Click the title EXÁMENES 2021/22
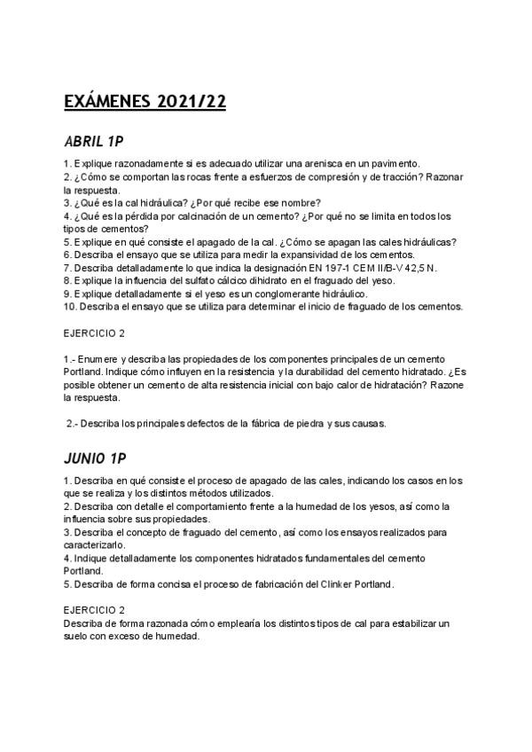click(145, 102)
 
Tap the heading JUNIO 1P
click(96, 459)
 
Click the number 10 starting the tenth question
click(70, 306)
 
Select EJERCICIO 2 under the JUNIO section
click(95, 610)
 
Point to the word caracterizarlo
click(98, 545)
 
